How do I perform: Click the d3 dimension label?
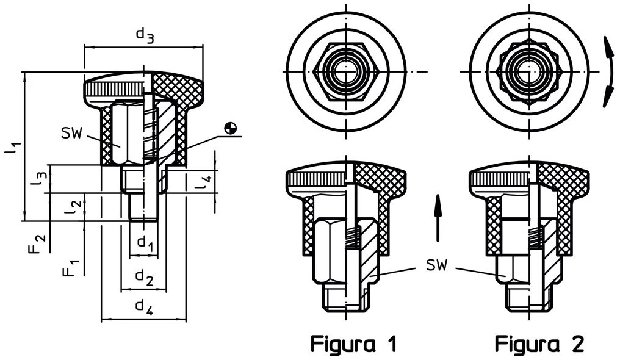145,35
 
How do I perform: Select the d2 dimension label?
145,278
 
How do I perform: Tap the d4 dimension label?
145,307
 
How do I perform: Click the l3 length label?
40,178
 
